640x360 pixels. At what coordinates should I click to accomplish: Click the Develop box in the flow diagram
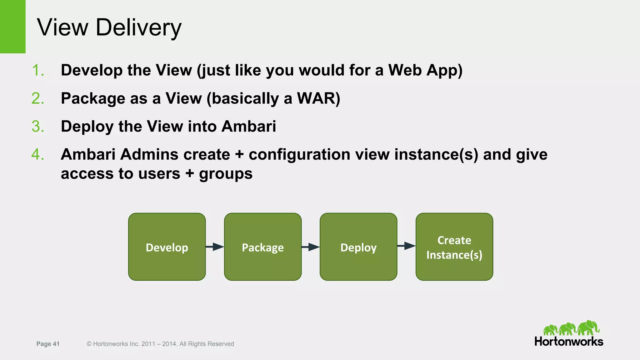[x=167, y=247]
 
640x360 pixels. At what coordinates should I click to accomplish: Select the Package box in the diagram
[x=263, y=247]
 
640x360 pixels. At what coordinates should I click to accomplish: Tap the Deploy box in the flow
[x=358, y=247]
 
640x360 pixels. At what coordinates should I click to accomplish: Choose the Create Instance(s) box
[x=454, y=247]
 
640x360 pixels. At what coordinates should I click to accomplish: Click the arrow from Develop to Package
[x=215, y=247]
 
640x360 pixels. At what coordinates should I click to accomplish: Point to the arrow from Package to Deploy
[x=311, y=247]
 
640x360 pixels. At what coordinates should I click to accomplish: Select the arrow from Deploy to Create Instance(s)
[x=406, y=246]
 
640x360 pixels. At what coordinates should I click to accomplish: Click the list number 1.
[x=38, y=70]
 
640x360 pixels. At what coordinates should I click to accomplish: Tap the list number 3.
[x=38, y=127]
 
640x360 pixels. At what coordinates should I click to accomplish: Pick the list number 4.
[x=38, y=155]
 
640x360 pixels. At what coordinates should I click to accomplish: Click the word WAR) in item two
[x=318, y=98]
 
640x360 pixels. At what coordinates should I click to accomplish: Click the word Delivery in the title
[x=138, y=27]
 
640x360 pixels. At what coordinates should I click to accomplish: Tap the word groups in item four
[x=226, y=174]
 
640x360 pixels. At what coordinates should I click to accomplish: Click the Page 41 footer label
[x=48, y=344]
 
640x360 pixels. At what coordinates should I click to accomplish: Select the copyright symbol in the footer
[x=89, y=344]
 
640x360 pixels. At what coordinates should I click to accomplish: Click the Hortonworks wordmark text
[x=569, y=342]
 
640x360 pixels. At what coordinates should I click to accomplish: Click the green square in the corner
[x=12, y=27]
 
